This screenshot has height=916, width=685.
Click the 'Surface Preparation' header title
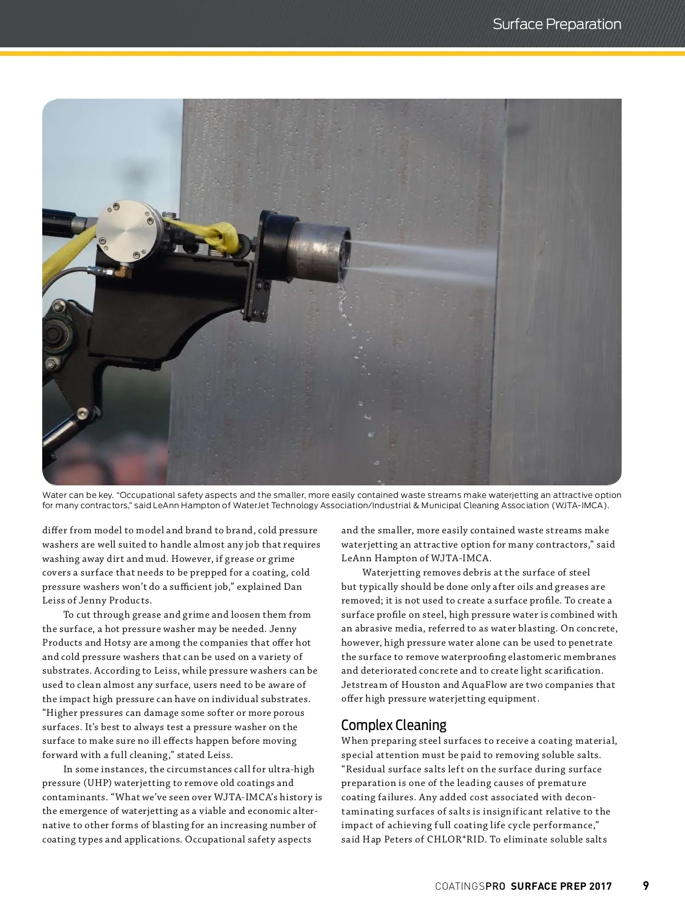(557, 25)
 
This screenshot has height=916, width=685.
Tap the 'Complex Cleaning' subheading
(393, 725)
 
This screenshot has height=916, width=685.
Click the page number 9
(646, 886)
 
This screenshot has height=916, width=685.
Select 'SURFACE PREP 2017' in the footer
(561, 886)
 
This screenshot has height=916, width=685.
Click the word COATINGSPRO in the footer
(470, 886)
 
